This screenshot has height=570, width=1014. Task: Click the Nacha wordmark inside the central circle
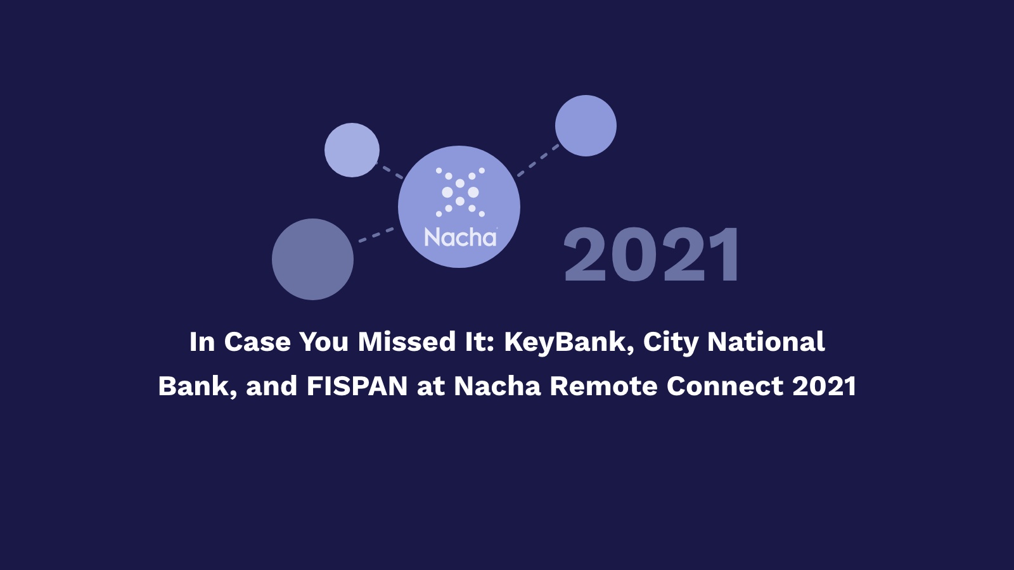point(461,237)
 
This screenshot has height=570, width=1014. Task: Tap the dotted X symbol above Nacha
point(460,193)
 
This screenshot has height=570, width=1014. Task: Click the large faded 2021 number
point(652,255)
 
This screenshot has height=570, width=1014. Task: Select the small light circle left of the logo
point(352,149)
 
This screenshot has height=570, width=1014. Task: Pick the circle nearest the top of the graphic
point(586,126)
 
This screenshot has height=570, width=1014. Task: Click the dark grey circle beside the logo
point(313,259)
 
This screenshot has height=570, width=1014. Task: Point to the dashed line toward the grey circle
point(376,235)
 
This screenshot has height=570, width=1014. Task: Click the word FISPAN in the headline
point(357,386)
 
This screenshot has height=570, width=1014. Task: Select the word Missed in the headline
point(406,341)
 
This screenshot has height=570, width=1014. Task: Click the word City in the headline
point(671,343)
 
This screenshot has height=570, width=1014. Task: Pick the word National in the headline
point(766,341)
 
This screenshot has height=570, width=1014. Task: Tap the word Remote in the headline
point(603,386)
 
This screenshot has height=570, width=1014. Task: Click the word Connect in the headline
point(725,386)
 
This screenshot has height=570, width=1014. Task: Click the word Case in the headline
point(257,341)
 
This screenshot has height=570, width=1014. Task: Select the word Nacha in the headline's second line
point(497,386)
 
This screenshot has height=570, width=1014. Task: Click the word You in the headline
point(324,341)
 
